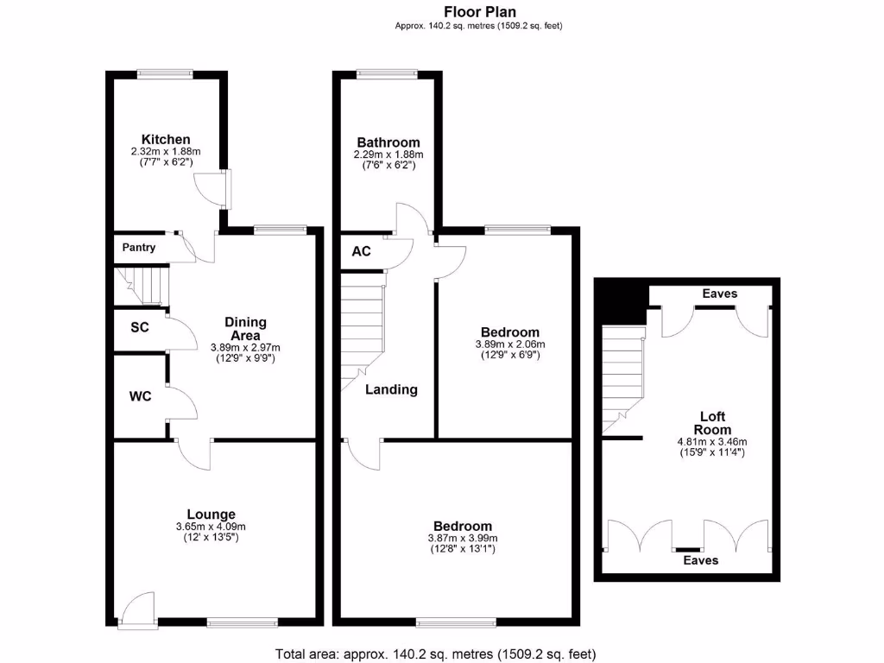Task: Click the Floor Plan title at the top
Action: tap(480, 11)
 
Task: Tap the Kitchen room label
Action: tap(166, 139)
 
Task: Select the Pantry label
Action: tap(139, 248)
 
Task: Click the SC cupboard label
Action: tap(139, 328)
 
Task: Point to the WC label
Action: tap(141, 396)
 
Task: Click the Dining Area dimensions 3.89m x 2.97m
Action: tap(245, 347)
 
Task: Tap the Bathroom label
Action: tap(388, 142)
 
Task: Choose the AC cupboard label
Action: tap(361, 251)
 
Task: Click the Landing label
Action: tap(391, 389)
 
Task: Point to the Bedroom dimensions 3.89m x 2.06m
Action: tap(509, 344)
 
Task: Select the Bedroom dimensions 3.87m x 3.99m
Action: tap(463, 538)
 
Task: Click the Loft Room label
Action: tap(715, 423)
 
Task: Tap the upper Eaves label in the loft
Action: tap(719, 294)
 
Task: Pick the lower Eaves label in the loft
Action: tap(700, 560)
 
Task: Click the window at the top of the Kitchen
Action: tap(164, 74)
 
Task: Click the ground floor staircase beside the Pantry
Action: tap(141, 286)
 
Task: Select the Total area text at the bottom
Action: tap(435, 654)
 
